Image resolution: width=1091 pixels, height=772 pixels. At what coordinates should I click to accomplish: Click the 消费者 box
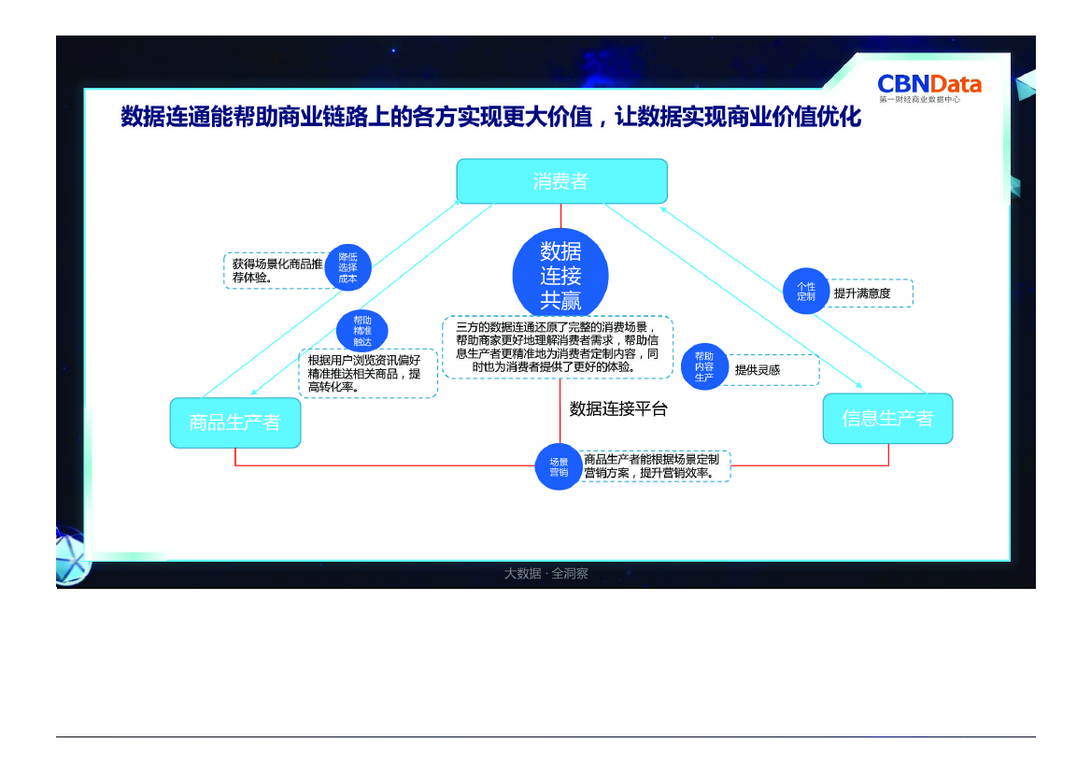561,181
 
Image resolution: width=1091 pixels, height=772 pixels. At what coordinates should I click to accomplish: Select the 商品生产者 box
234,422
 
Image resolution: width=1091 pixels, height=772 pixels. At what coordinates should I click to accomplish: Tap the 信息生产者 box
887,419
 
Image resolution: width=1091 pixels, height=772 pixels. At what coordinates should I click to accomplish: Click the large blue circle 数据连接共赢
560,276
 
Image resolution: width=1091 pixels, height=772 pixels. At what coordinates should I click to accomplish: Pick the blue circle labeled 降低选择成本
347,267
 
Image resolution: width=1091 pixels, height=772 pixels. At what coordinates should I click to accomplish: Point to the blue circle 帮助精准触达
362,331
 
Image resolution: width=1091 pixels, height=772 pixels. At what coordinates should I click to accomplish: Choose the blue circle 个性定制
806,292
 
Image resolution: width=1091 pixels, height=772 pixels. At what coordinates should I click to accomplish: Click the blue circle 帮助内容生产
704,366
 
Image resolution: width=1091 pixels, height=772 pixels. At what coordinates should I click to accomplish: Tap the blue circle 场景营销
559,467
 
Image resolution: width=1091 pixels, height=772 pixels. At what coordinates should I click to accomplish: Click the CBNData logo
928,84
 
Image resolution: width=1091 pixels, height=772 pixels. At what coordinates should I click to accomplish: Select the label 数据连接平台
618,409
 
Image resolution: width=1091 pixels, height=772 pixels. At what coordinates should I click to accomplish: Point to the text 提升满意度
862,293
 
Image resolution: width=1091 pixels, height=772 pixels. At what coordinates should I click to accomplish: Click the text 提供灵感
758,370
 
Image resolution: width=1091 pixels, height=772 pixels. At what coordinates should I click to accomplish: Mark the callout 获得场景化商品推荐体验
276,270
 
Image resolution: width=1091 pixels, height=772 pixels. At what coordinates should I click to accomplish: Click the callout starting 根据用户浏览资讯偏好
366,374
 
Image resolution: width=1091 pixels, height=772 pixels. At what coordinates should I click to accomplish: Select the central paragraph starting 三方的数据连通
558,347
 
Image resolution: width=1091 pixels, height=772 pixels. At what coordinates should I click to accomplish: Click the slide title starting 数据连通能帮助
490,118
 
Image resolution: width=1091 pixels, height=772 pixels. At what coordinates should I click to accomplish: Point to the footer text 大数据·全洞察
546,574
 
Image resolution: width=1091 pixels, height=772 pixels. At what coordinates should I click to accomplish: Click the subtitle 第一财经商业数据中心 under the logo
919,99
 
